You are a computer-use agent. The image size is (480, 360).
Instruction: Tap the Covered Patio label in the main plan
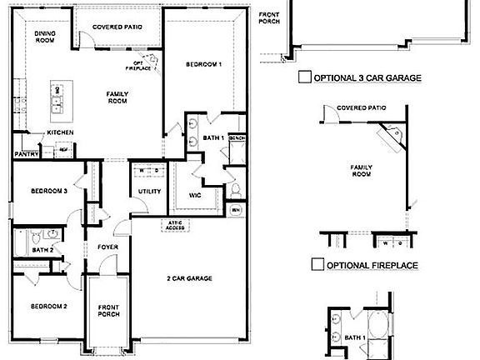tap(117, 27)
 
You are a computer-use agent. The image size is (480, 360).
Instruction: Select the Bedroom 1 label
tap(203, 64)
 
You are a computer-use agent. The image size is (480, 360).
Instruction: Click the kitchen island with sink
tap(57, 99)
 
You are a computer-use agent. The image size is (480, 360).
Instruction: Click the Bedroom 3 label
tap(48, 191)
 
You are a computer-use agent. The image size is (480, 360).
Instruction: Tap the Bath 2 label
tap(42, 249)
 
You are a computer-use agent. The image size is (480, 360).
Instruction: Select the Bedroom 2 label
tap(48, 305)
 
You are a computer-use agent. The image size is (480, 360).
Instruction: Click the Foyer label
tap(108, 247)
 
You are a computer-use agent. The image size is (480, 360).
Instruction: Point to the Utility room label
tap(150, 192)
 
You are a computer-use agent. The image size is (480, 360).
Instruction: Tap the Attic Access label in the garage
tap(175, 225)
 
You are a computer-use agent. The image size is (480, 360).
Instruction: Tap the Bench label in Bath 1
tap(236, 137)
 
